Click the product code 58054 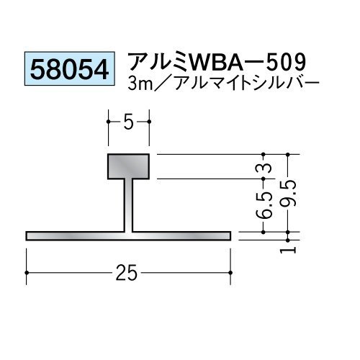[70, 69]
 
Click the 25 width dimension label [127, 273]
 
